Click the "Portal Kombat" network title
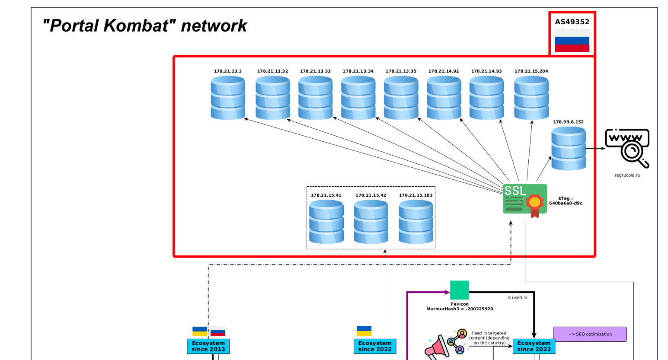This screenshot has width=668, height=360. (144, 26)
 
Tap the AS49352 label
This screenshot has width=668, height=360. (572, 22)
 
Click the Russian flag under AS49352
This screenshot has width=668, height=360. (572, 41)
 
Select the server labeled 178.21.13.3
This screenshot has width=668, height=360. (228, 98)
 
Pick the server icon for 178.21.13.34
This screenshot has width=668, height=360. (358, 98)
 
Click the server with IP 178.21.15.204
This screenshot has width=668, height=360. (531, 98)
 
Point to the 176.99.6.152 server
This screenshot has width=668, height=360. (568, 148)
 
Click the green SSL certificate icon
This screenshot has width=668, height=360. (524, 199)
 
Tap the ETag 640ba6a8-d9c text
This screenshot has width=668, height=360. (566, 201)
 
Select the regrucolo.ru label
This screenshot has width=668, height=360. (627, 175)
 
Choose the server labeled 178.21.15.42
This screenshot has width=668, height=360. (371, 222)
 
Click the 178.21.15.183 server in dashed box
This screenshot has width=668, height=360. (416, 222)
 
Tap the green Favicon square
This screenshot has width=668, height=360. (459, 290)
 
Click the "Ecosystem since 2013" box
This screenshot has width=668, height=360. (208, 346)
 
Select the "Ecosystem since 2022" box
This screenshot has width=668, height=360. (374, 346)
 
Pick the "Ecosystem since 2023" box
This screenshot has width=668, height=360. (534, 346)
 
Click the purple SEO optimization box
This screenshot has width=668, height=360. (590, 334)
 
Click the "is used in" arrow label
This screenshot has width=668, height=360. (517, 297)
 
